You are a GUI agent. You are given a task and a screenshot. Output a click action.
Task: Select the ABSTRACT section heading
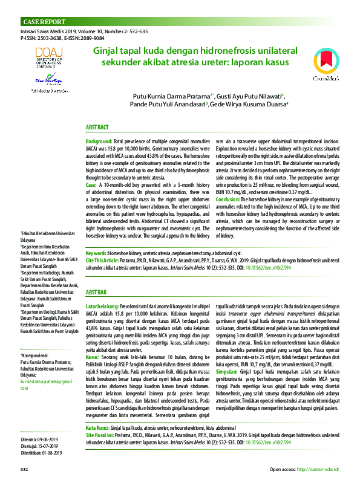click(x=97, y=128)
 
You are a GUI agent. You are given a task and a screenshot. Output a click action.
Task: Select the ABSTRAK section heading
click(x=96, y=292)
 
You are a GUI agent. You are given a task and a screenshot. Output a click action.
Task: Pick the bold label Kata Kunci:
click(x=97, y=427)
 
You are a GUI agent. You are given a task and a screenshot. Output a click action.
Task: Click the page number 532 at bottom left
click(x=25, y=469)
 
